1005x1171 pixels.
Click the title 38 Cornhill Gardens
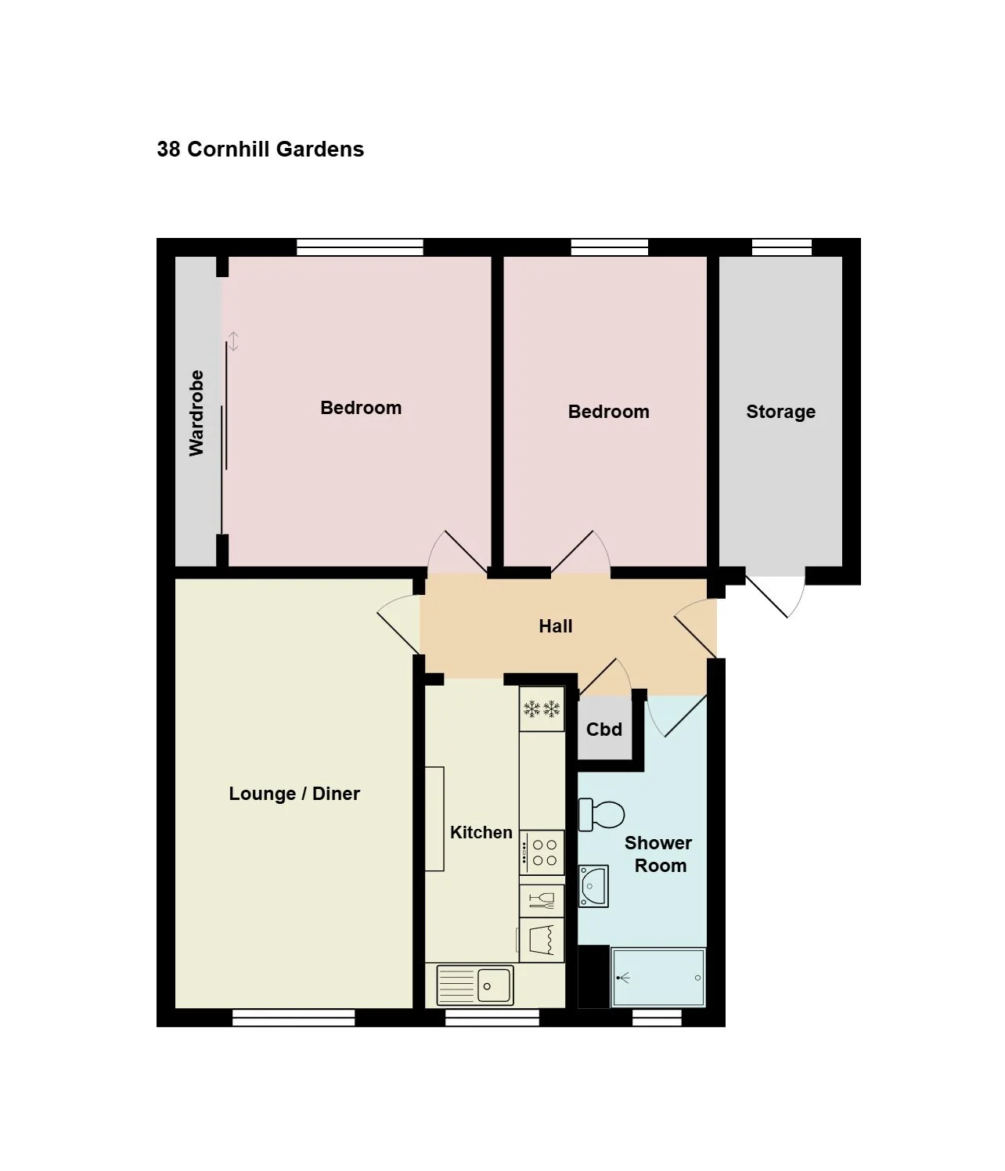260,150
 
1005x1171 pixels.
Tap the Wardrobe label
196,413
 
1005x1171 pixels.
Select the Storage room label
780,412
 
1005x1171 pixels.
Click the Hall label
555,626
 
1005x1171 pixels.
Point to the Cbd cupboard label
604,729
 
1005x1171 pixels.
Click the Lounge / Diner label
294,794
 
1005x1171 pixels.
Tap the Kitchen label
481,832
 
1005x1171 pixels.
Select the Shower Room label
659,854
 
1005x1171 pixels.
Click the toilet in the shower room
601,815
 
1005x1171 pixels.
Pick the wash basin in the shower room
593,886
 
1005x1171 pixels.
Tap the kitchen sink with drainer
475,985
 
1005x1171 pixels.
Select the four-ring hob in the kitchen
542,852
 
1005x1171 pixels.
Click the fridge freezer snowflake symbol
542,708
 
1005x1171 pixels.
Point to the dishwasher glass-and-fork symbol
542,901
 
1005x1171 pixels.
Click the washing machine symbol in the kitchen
542,940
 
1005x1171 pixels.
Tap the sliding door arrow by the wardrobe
232,341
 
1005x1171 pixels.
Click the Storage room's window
782,247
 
